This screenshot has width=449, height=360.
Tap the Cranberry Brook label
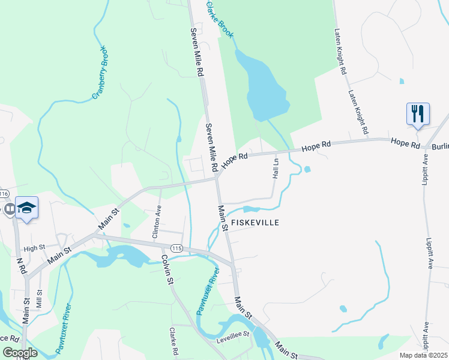pyautogui.click(x=99, y=73)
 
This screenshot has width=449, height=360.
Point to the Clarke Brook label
pyautogui.click(x=219, y=20)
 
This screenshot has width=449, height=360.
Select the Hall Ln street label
pyautogui.click(x=276, y=168)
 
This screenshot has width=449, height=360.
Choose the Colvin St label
pyautogui.click(x=166, y=269)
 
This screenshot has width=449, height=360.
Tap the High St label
pyautogui.click(x=34, y=247)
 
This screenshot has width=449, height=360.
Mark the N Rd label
pyautogui.click(x=22, y=266)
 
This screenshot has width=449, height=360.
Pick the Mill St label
pyautogui.click(x=40, y=299)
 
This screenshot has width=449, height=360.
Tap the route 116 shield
pyautogui.click(x=4, y=194)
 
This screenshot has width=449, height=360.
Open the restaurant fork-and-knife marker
pyautogui.click(x=418, y=114)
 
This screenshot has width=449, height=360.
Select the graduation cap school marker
pyautogui.click(x=27, y=208)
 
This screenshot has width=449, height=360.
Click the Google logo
pyautogui.click(x=20, y=353)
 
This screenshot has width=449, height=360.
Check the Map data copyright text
pyautogui.click(x=423, y=355)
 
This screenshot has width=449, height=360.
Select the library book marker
pyautogui.click(x=9, y=209)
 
